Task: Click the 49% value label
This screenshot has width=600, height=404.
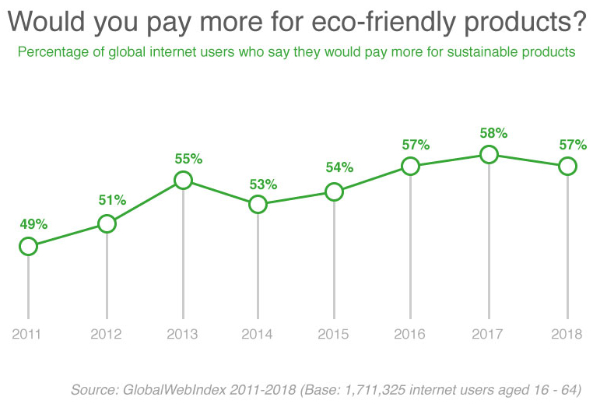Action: (33, 224)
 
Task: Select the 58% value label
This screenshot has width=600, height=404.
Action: (493, 133)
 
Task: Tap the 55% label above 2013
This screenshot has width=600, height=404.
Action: (188, 159)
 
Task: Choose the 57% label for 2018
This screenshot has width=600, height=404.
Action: (573, 145)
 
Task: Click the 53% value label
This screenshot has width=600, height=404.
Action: (263, 184)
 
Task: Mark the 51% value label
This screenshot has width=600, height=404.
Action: (112, 200)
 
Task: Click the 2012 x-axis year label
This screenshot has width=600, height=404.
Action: (106, 335)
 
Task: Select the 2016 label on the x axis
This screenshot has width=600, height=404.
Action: (409, 335)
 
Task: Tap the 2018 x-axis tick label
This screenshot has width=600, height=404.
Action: (567, 335)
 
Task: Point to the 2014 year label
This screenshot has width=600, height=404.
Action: (257, 335)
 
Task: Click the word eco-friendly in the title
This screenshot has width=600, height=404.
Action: (384, 22)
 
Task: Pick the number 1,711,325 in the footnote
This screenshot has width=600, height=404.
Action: (375, 390)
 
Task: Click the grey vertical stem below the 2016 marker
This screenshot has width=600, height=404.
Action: (410, 247)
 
